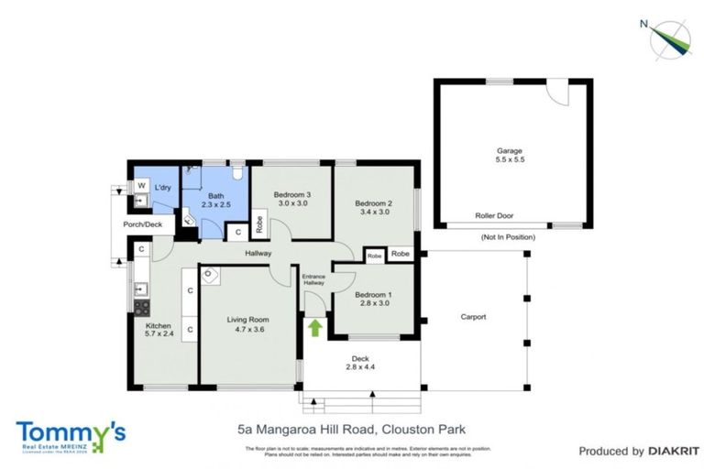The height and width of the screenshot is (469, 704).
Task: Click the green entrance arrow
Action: tap(315, 326)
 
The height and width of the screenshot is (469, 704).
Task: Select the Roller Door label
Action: tap(494, 216)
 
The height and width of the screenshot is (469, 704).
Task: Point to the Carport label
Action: tap(473, 317)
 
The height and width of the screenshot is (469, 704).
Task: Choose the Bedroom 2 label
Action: tap(373, 207)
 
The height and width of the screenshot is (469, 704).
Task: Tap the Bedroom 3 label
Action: tap(293, 200)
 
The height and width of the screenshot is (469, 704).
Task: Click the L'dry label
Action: tap(163, 188)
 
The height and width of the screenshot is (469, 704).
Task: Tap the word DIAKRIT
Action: tap(673, 451)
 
